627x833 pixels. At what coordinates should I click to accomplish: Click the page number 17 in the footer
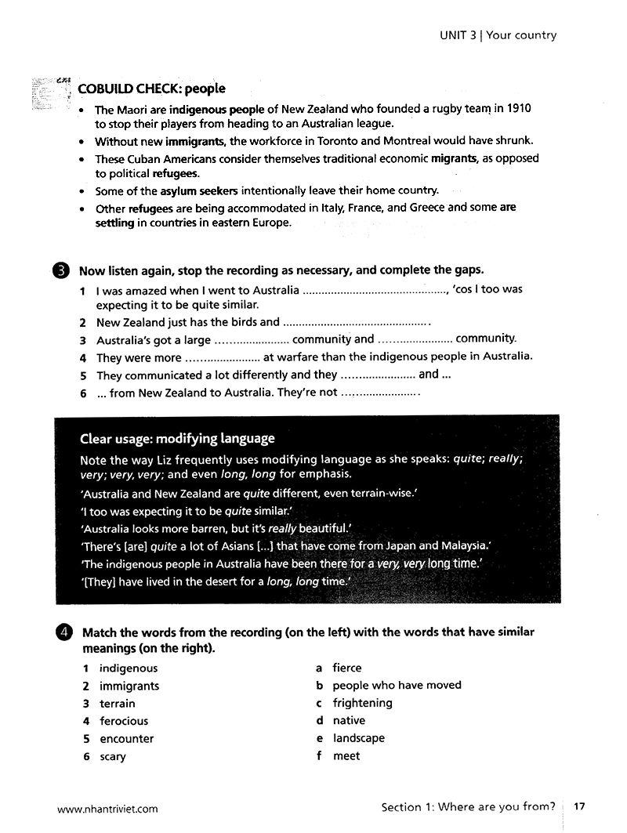580,806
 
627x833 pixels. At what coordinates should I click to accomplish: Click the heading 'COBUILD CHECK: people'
151,89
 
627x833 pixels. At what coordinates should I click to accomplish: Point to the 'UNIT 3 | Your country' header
498,35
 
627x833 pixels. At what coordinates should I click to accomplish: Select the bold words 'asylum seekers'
199,190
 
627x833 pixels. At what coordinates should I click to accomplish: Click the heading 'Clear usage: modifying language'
177,438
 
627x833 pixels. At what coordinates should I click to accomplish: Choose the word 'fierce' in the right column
347,668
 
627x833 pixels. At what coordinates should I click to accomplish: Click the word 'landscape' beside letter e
359,738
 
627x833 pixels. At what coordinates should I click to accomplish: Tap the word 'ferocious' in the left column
124,721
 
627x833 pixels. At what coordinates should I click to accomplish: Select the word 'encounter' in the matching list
127,739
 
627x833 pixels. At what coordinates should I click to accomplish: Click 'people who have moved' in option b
397,685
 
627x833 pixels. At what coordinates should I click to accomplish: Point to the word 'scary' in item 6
113,757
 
